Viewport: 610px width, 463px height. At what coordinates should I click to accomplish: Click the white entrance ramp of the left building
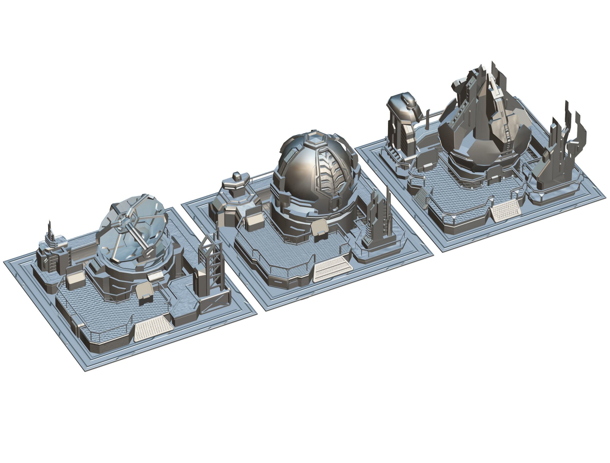tap(153, 328)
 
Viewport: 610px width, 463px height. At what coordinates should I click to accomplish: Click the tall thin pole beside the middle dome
tap(388, 210)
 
